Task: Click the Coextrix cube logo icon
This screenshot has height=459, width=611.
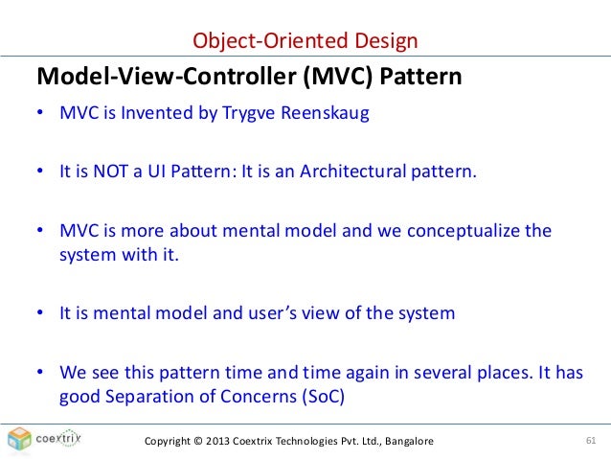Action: coord(19,440)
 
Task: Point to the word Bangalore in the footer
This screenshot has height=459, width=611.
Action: coord(402,441)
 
